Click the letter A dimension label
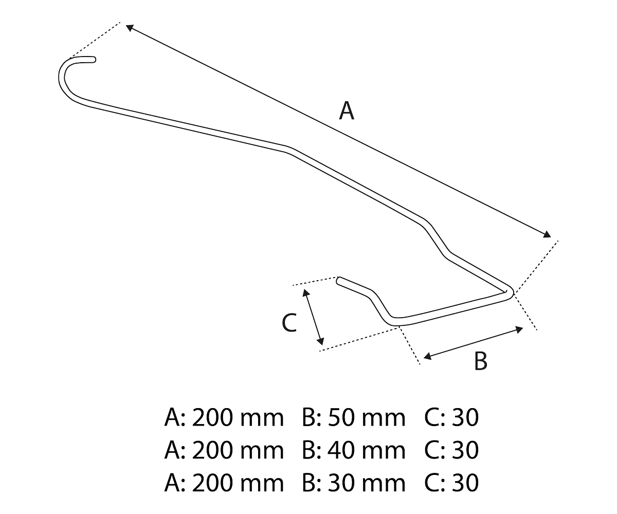coord(347,113)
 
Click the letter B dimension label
coord(481,361)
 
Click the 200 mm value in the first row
coord(236,418)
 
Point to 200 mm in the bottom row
coord(236,483)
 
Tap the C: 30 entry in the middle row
coord(452,451)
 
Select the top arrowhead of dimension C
coord(305,291)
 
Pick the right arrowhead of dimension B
coord(520,329)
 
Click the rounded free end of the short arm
coord(340,281)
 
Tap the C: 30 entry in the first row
coord(452,418)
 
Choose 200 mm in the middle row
coord(236,451)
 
